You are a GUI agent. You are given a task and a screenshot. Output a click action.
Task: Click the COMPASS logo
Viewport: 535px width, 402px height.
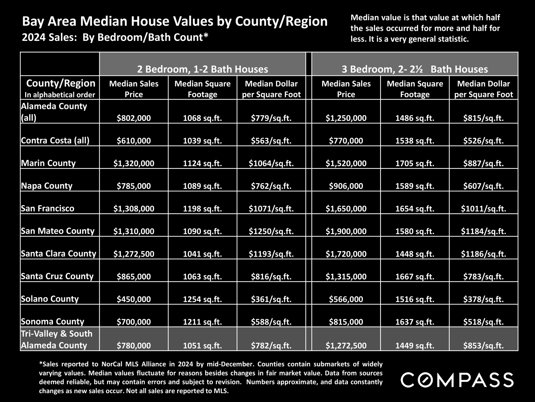point(457,380)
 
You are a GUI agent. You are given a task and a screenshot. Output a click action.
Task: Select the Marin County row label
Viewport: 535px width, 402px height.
point(48,163)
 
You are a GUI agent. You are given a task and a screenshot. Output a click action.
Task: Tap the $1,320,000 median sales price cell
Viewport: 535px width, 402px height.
point(134,163)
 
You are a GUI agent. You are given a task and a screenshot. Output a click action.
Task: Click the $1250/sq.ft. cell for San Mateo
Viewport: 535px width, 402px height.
point(271,231)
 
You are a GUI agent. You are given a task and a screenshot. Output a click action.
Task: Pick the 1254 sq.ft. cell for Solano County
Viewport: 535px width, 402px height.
point(203,299)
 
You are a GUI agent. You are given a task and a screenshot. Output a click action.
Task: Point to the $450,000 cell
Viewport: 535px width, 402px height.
point(134,299)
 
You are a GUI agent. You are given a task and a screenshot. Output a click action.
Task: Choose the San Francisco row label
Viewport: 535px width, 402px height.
point(48,208)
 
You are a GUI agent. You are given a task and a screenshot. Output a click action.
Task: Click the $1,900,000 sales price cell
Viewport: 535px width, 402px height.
point(346,231)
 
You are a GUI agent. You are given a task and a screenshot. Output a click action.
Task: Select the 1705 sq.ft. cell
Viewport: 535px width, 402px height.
point(415,163)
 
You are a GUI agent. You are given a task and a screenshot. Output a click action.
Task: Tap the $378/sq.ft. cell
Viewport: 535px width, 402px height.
point(483,299)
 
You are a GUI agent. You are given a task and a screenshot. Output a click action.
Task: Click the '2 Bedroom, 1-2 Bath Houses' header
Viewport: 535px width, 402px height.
point(203,69)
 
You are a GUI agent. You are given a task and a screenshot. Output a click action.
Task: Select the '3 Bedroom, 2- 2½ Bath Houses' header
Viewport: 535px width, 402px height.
point(415,69)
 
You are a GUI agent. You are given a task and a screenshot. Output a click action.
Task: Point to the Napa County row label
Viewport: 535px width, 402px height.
point(47,186)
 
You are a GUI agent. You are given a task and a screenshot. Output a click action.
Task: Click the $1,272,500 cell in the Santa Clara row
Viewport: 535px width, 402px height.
point(134,254)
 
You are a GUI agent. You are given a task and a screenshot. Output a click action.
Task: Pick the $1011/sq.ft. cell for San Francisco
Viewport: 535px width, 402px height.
point(483,209)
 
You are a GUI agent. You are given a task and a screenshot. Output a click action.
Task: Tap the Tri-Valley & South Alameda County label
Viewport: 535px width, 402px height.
point(57,339)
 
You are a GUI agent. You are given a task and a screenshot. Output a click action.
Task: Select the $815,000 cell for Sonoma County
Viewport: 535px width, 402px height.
point(346,322)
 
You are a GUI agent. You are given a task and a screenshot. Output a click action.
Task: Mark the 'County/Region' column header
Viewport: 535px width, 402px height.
point(61,83)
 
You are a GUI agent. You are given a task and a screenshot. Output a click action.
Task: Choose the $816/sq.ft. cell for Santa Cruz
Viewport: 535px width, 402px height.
point(271,276)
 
